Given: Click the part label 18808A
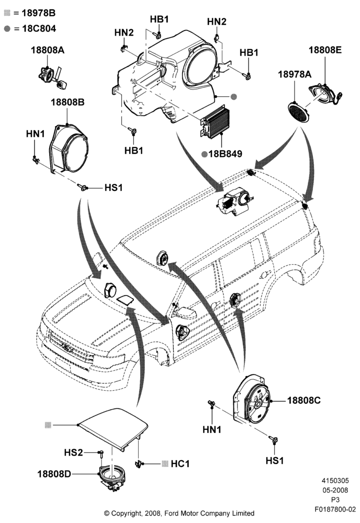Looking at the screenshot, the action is tap(48, 50).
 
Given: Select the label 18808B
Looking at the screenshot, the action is tap(67, 102).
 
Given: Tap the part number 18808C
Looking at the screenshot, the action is tap(303, 400).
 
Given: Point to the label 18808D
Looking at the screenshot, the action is tap(54, 474).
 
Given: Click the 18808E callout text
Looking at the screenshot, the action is tap(325, 50).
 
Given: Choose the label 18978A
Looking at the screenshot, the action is tap(295, 74).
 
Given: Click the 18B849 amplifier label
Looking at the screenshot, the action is tap(225, 154).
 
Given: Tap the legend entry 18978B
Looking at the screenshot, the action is tap(39, 13).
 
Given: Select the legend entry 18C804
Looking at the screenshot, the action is tap(39, 29).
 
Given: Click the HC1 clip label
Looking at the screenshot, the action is tap(180, 463).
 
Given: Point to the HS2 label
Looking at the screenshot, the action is tap(73, 452).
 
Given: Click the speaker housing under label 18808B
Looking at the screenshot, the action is tap(69, 149).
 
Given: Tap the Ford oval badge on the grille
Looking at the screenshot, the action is tap(67, 348).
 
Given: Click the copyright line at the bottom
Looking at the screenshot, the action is tap(179, 513).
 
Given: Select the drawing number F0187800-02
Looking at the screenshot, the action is tap(335, 509).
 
